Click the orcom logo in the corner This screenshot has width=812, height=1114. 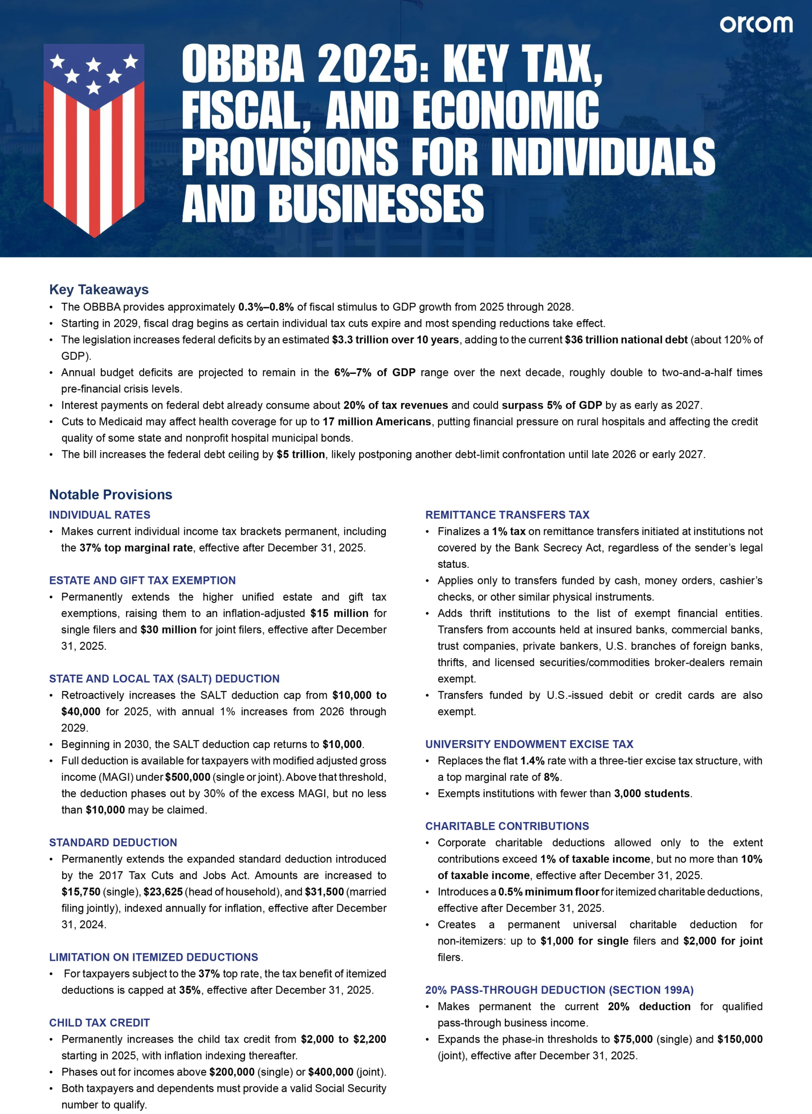click(x=755, y=24)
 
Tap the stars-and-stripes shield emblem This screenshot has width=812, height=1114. click(x=94, y=140)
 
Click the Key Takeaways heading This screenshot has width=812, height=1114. click(x=99, y=290)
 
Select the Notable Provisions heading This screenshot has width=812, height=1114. click(x=110, y=494)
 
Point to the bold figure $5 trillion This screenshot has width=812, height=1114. click(x=301, y=454)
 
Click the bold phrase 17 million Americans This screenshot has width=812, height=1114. click(x=377, y=422)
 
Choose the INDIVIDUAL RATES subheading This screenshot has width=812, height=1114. click(x=100, y=515)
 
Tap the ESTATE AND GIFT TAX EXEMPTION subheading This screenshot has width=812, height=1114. click(x=143, y=580)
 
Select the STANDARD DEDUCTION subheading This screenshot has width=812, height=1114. click(x=113, y=842)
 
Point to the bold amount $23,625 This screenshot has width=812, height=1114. click(x=163, y=892)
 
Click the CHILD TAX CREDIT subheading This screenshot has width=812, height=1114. click(x=99, y=1023)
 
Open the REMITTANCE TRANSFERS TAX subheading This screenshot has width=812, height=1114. click(x=507, y=515)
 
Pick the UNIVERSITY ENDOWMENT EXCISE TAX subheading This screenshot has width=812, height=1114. click(x=529, y=744)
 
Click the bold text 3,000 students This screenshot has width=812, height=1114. click(x=652, y=793)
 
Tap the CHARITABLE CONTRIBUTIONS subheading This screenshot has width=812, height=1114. click(x=507, y=826)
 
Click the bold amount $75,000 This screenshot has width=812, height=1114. click(x=633, y=1039)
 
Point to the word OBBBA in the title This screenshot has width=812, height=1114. click(x=243, y=64)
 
